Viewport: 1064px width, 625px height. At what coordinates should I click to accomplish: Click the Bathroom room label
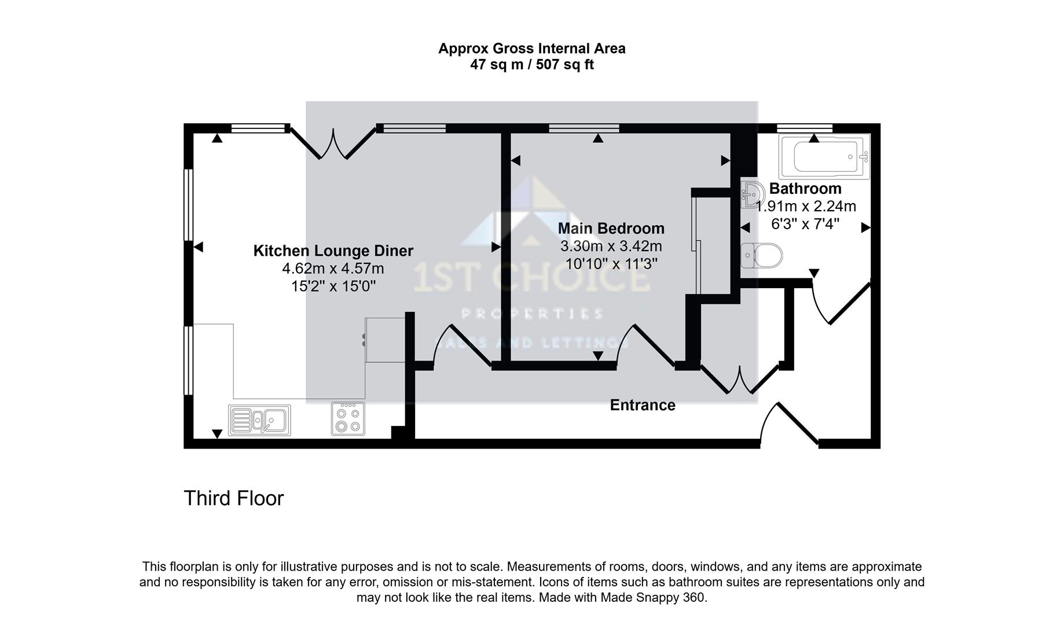click(x=805, y=189)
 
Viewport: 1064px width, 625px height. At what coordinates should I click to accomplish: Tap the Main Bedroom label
click(x=611, y=229)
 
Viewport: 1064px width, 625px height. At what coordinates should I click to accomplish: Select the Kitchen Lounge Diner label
click(x=333, y=251)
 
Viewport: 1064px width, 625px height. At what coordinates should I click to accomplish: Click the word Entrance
click(x=643, y=405)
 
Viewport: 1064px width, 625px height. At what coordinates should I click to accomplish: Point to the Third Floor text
click(x=233, y=498)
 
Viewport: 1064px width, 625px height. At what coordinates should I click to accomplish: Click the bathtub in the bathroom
click(x=824, y=157)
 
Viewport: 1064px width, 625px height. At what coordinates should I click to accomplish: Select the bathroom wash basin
click(x=751, y=193)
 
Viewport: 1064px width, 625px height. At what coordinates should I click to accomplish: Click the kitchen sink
click(x=260, y=420)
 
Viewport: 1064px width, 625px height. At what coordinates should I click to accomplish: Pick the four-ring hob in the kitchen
click(x=348, y=419)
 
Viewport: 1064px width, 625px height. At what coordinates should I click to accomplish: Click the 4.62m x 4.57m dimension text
click(x=333, y=269)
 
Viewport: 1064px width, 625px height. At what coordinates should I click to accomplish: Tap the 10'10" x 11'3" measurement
click(x=611, y=264)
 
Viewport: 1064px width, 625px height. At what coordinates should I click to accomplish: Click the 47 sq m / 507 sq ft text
click(x=531, y=65)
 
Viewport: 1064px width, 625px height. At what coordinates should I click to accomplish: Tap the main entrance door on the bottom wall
click(x=789, y=425)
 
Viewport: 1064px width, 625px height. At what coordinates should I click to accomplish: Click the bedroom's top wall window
click(x=584, y=128)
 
